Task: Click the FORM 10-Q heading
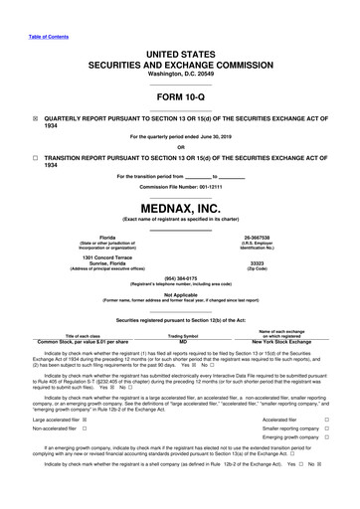click(x=180, y=95)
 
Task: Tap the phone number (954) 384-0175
click(x=180, y=277)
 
